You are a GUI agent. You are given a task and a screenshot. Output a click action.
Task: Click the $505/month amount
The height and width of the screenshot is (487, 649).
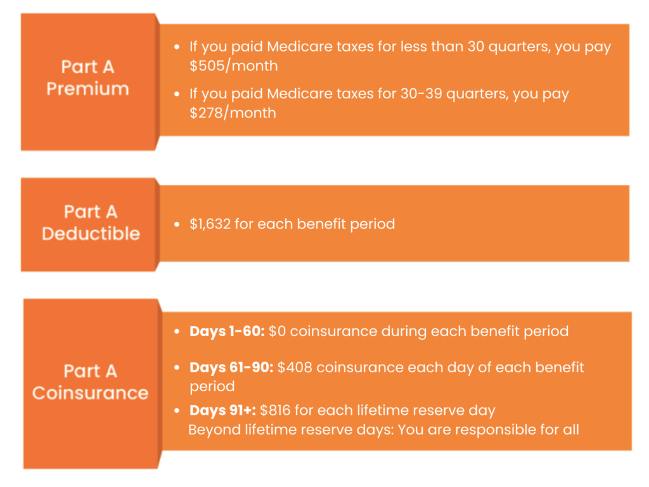pos(233,66)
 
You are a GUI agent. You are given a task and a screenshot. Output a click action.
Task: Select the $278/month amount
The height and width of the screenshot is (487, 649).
pos(233,113)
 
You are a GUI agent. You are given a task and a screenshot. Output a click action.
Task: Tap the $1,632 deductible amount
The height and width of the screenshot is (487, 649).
pos(210,224)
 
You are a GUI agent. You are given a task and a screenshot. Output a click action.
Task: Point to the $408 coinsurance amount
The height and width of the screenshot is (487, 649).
pos(294,367)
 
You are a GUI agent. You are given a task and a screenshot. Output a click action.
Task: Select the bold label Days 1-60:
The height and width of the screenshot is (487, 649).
pos(227,331)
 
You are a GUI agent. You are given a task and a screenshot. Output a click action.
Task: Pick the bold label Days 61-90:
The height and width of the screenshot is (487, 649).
pos(231,367)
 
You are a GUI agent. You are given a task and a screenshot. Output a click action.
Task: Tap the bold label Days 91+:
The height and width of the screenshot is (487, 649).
pos(222,410)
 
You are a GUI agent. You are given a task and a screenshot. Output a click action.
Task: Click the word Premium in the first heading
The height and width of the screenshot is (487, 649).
pos(87,89)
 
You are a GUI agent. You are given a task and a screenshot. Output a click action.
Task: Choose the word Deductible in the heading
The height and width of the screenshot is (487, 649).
pos(91,233)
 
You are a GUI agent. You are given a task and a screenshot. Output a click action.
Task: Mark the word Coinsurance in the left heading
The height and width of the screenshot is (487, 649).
pos(90,393)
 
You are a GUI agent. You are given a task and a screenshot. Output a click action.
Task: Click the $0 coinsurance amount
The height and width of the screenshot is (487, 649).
pos(277,331)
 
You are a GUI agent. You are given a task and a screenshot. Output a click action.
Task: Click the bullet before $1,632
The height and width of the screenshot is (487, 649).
pos(177,224)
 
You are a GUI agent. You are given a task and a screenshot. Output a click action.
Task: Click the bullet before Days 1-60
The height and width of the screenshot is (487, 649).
pos(177,332)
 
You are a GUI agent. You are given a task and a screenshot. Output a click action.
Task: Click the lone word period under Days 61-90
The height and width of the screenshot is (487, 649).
pos(212,387)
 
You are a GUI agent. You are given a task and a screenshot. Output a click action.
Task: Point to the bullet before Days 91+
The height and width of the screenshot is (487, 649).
pos(177,411)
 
